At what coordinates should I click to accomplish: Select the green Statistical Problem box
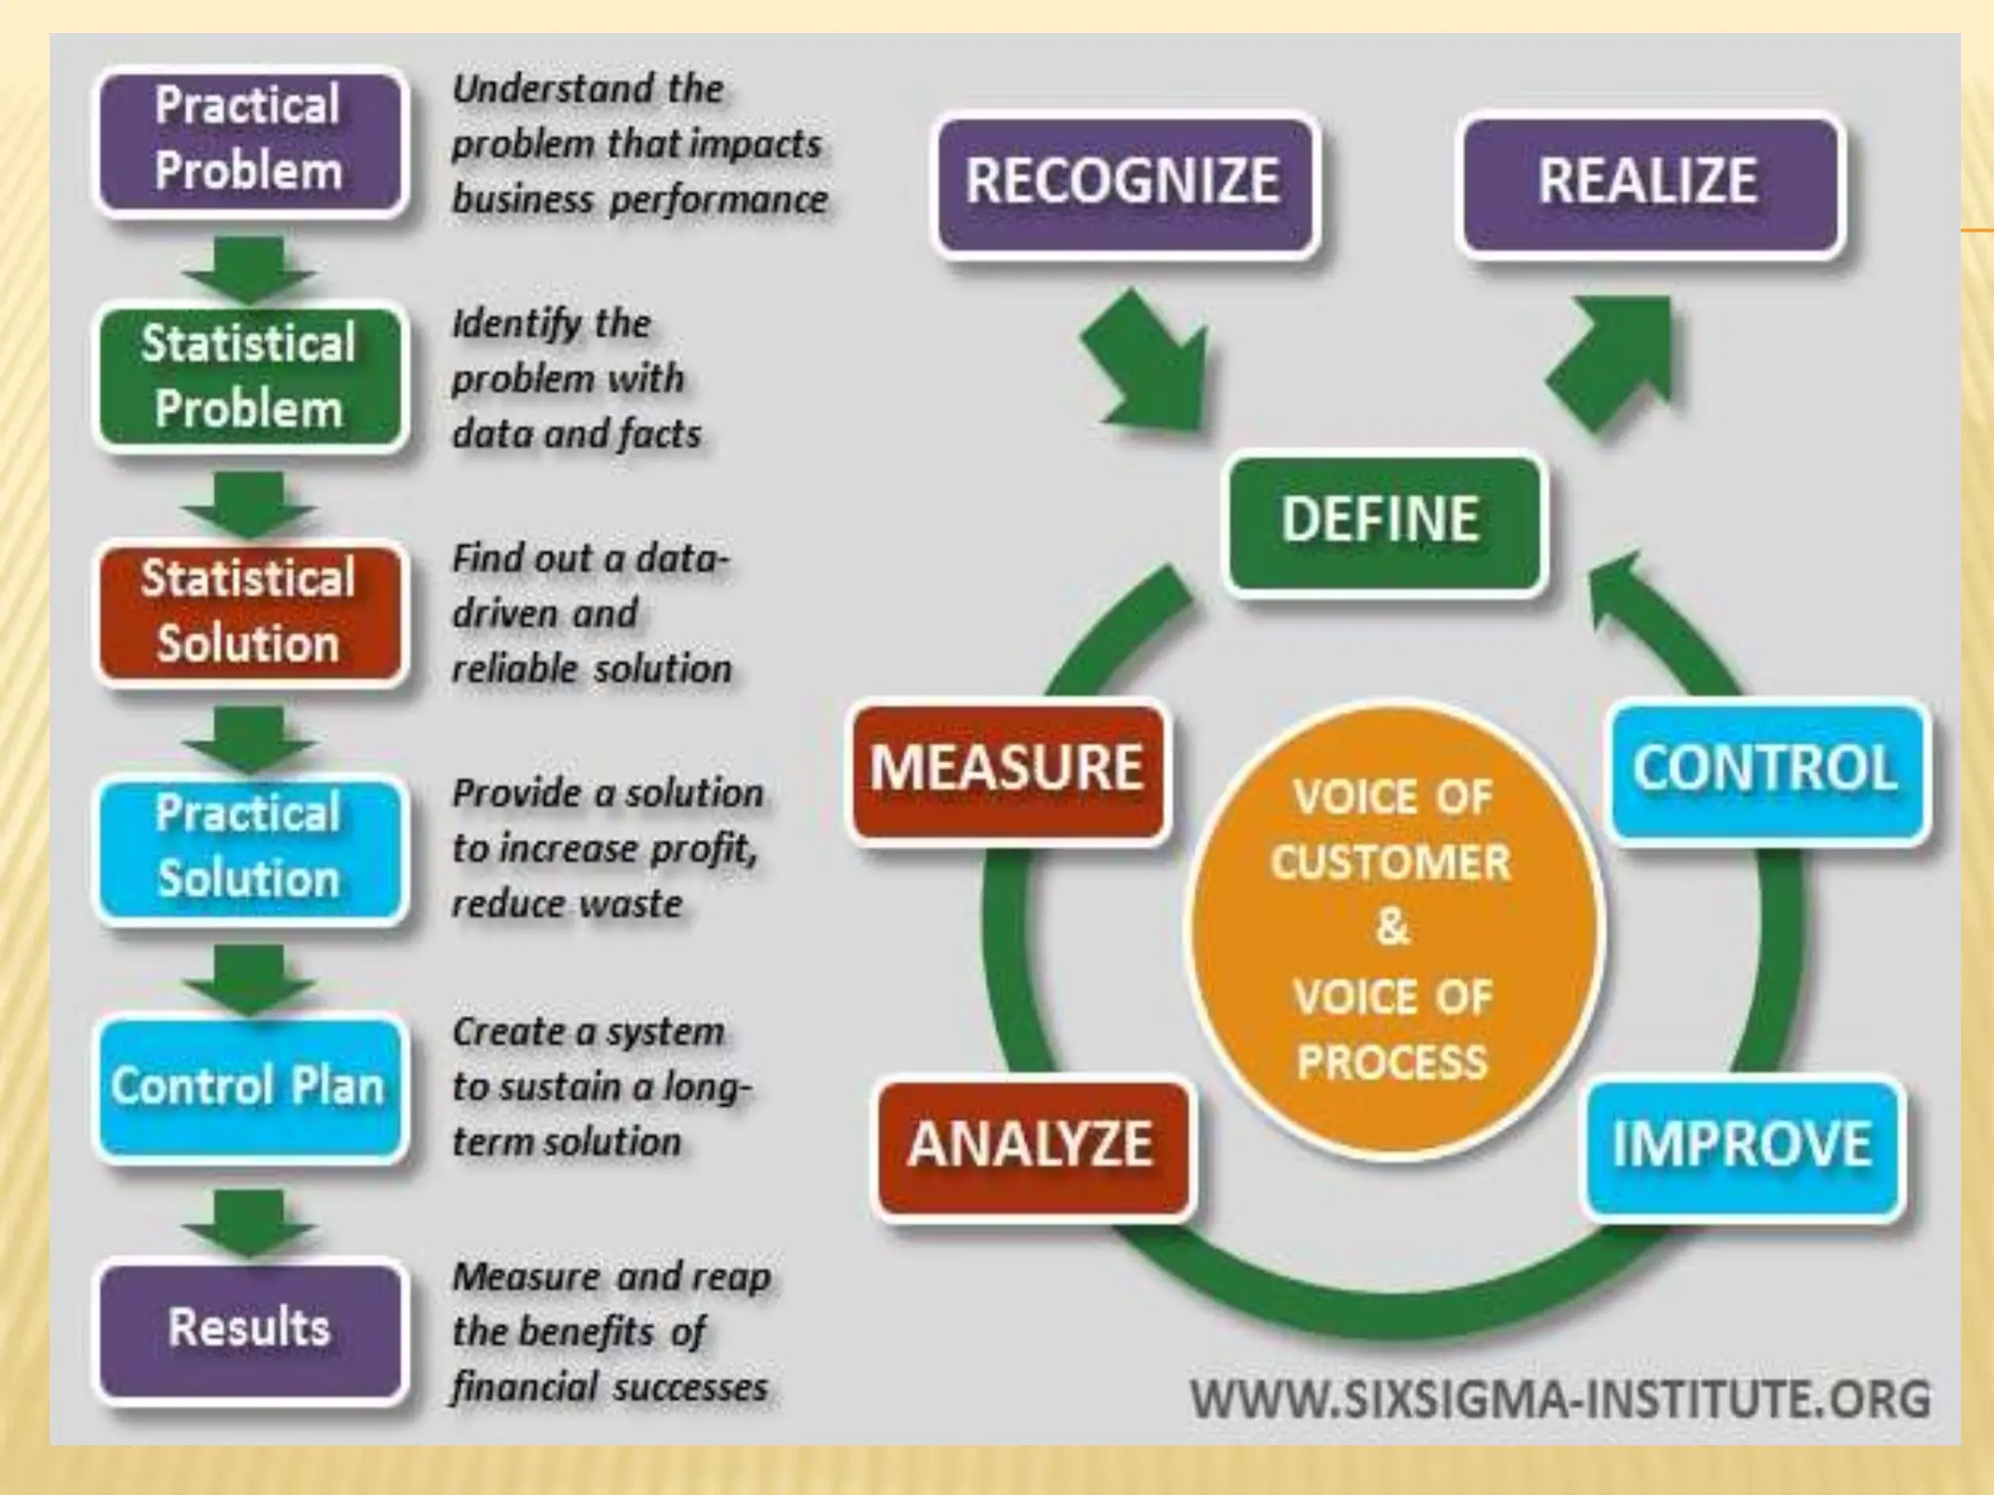pyautogui.click(x=248, y=377)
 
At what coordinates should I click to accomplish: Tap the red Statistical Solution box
pyautogui.click(x=248, y=612)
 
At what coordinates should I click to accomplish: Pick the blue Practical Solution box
pyautogui.click(x=248, y=847)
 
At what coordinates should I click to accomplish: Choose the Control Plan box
pyautogui.click(x=248, y=1086)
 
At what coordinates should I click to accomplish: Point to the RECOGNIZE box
pyautogui.click(x=1124, y=182)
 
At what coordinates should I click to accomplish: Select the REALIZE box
pyautogui.click(x=1648, y=182)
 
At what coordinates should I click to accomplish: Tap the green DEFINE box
pyautogui.click(x=1382, y=520)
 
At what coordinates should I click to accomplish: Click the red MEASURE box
pyautogui.click(x=1007, y=768)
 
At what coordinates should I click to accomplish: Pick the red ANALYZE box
pyautogui.click(x=1031, y=1145)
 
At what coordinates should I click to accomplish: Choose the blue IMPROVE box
pyautogui.click(x=1742, y=1145)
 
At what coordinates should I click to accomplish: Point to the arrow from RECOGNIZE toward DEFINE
pyautogui.click(x=1149, y=365)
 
